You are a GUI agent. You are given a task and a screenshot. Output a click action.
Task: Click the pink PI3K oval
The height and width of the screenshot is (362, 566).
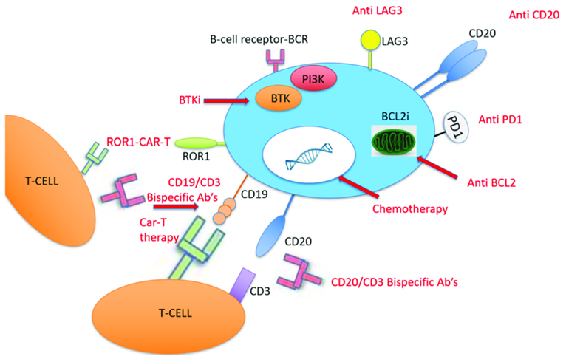pos(313,78)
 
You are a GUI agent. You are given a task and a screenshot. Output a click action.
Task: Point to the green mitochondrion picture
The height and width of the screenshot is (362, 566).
pos(394,140)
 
